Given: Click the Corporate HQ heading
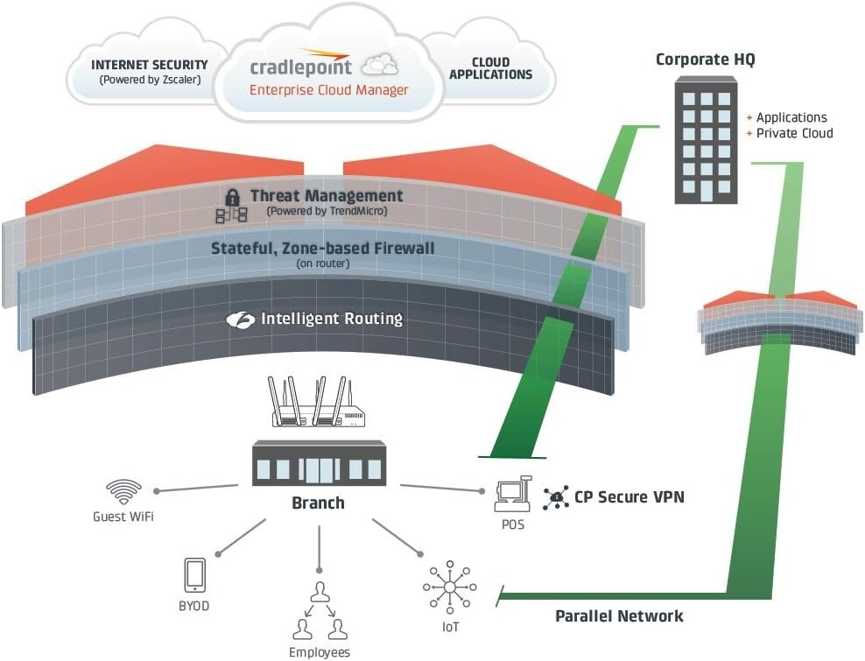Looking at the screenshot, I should coord(705,60).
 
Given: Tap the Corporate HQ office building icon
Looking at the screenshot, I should coord(706,139).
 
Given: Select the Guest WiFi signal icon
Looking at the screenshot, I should coord(123,490).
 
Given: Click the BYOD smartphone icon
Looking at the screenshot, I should coord(194,574).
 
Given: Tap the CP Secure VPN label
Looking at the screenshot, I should coord(629,497).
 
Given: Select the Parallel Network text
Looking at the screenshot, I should coord(619,616).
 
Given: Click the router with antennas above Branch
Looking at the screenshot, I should coord(317,404).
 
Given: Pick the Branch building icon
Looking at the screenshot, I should coord(318,464).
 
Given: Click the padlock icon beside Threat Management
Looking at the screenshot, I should coord(232,196).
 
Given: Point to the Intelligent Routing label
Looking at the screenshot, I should coord(331,319).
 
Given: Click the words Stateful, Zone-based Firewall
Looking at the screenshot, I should coord(322,249).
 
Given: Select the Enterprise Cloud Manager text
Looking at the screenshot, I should coord(328,90).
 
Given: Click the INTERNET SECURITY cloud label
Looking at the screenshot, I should coord(150,65).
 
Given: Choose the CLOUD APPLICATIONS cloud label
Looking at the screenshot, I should coord(490,68).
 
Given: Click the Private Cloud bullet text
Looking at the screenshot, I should coord(794,133).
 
